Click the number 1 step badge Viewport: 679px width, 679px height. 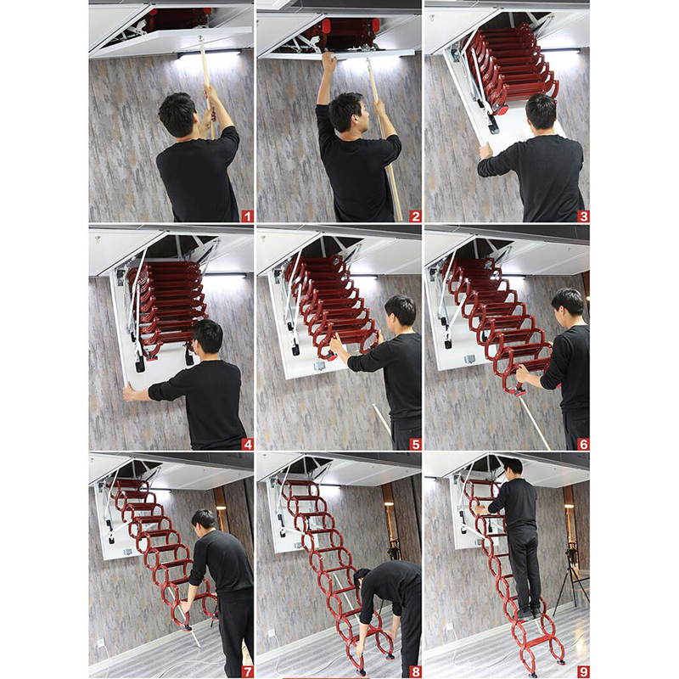(x=247, y=216)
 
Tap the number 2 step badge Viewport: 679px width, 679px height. (x=415, y=216)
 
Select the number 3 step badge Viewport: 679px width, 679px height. (x=583, y=216)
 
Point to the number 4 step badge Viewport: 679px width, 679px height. (x=247, y=444)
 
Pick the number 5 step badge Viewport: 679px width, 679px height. (x=415, y=444)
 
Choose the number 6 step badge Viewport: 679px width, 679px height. (x=583, y=444)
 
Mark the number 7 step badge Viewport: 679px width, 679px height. (x=247, y=672)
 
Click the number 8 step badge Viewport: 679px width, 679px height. (x=415, y=672)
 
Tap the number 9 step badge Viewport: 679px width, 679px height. (x=583, y=672)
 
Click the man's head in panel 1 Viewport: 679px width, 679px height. (x=177, y=114)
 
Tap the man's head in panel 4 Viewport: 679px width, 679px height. (x=208, y=337)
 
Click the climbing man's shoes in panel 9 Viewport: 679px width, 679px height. (x=529, y=613)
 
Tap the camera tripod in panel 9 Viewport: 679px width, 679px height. (x=571, y=576)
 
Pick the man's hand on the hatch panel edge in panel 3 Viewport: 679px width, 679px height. (x=485, y=152)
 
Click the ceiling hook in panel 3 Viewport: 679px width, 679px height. (x=431, y=18)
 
